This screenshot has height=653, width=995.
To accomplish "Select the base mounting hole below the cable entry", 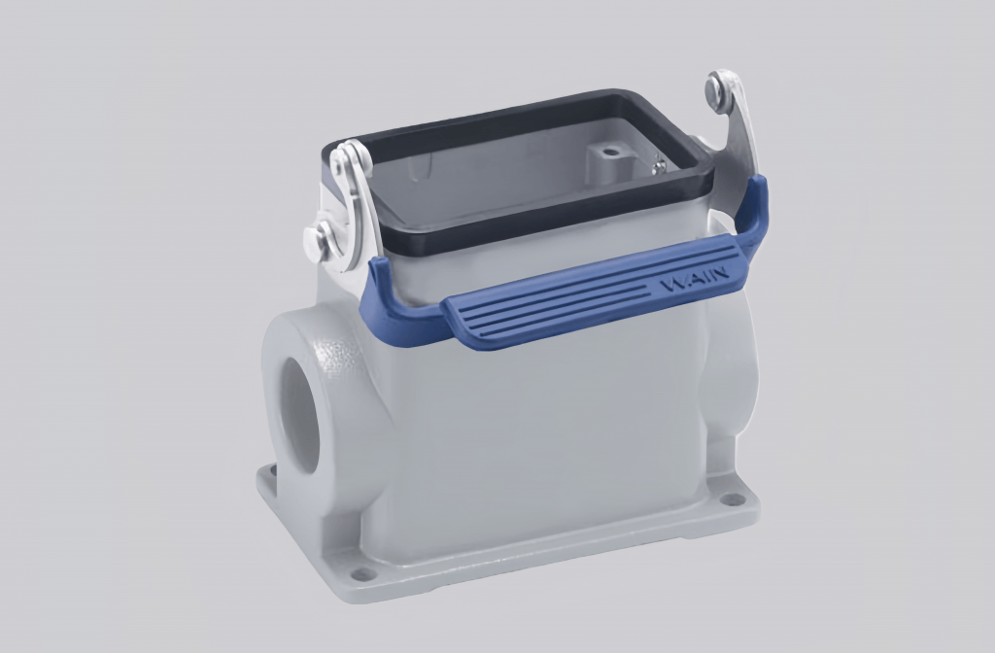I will click(x=362, y=573).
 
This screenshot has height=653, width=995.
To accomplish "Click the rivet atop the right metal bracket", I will click(x=720, y=89).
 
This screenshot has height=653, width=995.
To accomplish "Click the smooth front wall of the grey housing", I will click(x=544, y=428).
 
